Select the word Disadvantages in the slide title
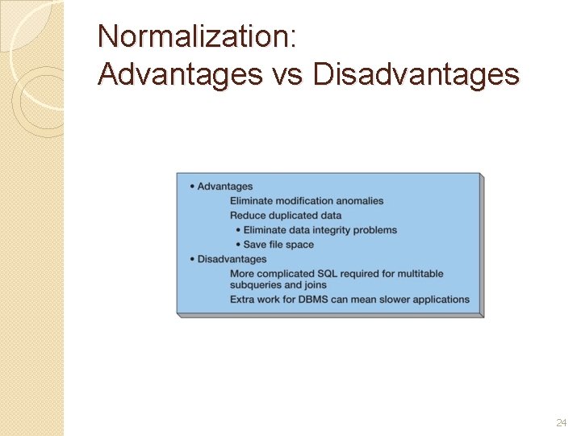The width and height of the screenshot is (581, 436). click(x=416, y=74)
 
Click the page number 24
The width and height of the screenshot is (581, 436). click(x=562, y=422)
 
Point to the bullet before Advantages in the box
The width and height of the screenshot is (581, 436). click(x=192, y=187)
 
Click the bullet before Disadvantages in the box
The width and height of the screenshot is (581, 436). click(x=192, y=259)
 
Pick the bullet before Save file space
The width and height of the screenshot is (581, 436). click(x=238, y=245)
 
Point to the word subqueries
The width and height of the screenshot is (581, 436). click(x=254, y=285)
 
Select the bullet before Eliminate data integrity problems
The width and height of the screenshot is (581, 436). click(x=238, y=230)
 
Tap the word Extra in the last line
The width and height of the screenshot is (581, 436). click(x=242, y=300)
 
